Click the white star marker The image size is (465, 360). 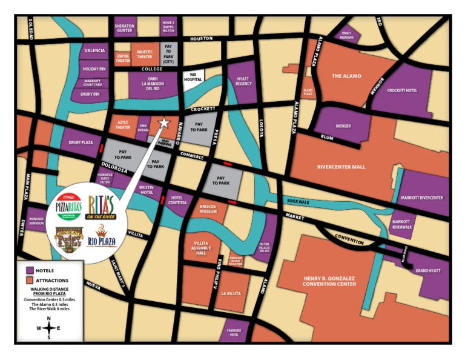pos(163,123)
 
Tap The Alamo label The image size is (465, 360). pos(346,76)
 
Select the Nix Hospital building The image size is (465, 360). pos(194,79)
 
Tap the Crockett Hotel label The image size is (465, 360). pos(403,90)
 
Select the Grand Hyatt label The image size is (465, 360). pos(427,272)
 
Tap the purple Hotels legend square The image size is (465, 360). pos(28,270)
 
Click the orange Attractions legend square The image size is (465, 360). pos(28,281)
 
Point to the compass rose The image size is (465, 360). pos(48,328)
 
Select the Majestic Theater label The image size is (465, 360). pos(145,55)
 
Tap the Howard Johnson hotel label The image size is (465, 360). pos(36,221)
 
